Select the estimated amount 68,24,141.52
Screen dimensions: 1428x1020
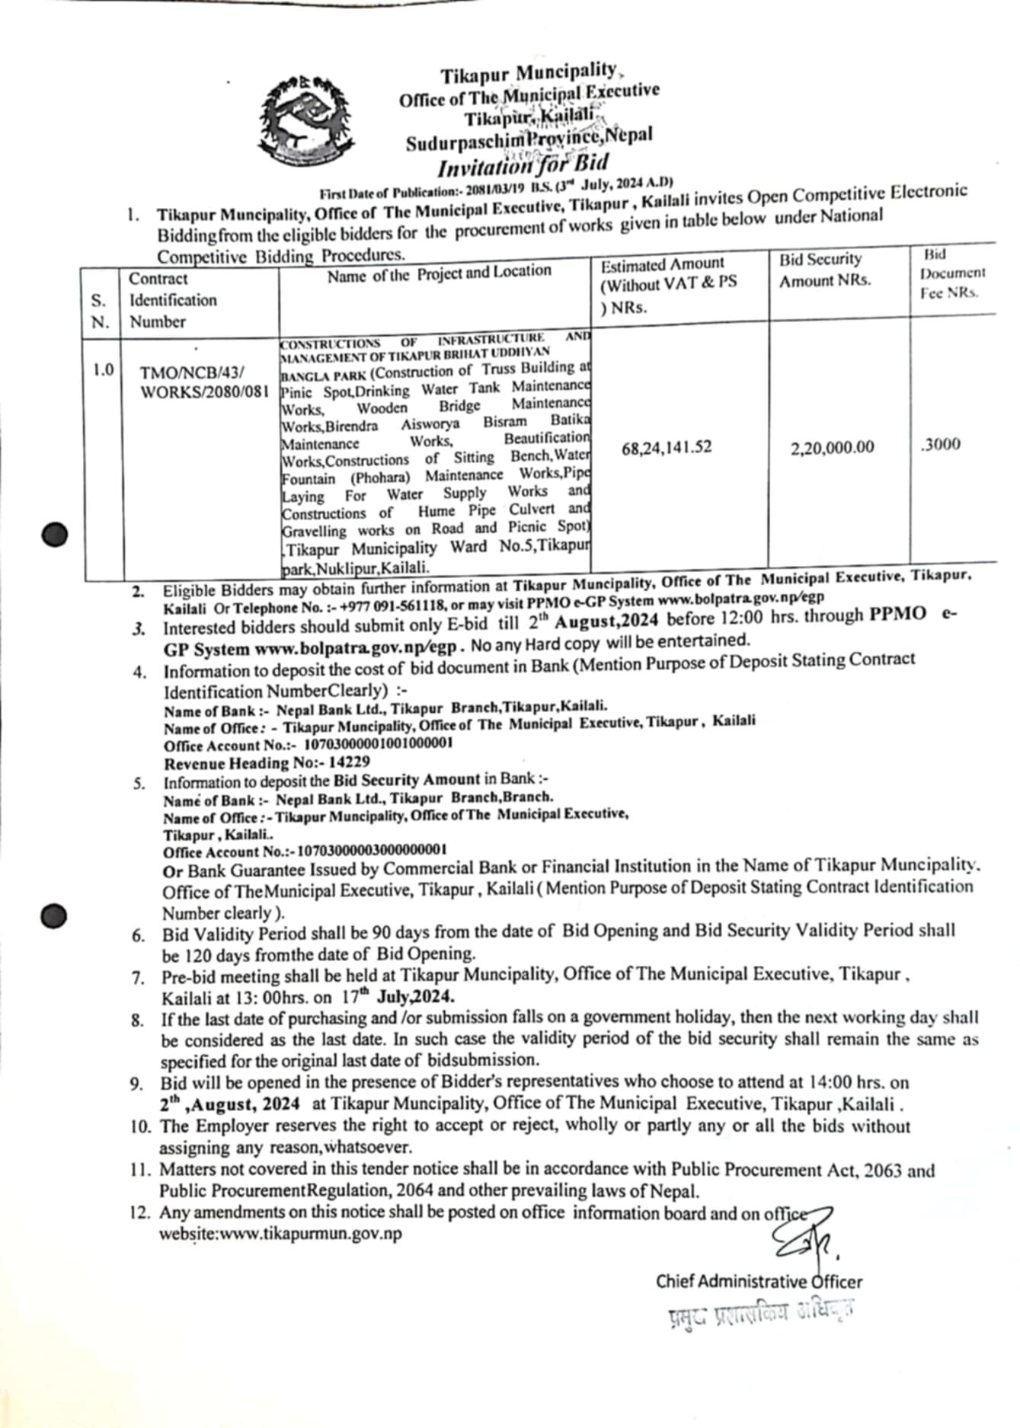point(667,447)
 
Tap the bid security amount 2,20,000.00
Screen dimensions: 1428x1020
point(832,447)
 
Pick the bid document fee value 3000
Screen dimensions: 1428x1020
point(941,445)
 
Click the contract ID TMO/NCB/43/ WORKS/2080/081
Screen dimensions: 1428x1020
point(203,383)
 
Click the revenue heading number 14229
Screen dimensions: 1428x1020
point(350,762)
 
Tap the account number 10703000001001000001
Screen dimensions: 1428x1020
point(378,743)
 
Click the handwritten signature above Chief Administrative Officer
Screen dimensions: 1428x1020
point(806,1244)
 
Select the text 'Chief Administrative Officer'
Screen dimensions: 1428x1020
point(759,1281)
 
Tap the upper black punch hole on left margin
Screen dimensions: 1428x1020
point(55,535)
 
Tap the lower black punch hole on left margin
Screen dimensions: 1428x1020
point(55,915)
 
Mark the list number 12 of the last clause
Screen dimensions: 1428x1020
point(142,1212)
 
